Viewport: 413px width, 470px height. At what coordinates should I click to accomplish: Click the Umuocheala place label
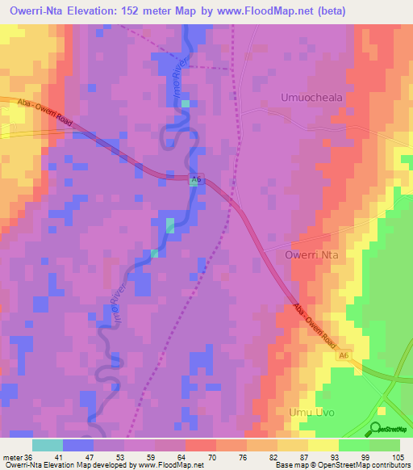click(311, 97)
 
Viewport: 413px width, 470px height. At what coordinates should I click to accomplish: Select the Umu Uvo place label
click(311, 413)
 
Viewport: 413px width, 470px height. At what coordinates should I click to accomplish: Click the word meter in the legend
click(10, 456)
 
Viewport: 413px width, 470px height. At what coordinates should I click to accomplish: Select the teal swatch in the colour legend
click(48, 445)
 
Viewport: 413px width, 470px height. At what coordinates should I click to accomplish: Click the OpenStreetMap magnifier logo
click(377, 429)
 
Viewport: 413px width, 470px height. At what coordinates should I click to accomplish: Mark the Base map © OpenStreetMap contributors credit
click(342, 465)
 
